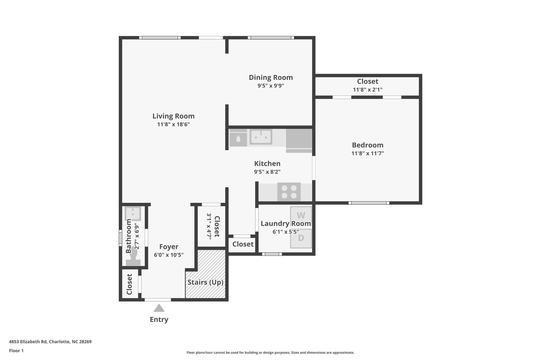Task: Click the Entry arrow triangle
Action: click(159, 308)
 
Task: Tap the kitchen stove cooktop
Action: click(289, 192)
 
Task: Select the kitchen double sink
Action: click(261, 137)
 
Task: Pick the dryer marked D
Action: click(301, 238)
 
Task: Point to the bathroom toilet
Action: click(133, 257)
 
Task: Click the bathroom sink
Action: click(133, 214)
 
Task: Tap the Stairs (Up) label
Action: click(206, 282)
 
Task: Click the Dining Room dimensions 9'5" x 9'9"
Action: click(271, 86)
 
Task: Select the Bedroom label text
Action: click(367, 145)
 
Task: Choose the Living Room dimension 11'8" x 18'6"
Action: click(174, 124)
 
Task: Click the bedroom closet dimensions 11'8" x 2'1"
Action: click(367, 90)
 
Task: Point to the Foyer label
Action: click(169, 247)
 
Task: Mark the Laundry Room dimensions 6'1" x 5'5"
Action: click(286, 232)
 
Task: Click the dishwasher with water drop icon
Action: click(238, 138)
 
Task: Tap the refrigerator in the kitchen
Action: click(299, 141)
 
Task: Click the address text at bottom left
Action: click(50, 342)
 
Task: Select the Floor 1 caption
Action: click(16, 351)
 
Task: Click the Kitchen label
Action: click(267, 164)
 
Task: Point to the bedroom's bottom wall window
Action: click(369, 203)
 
